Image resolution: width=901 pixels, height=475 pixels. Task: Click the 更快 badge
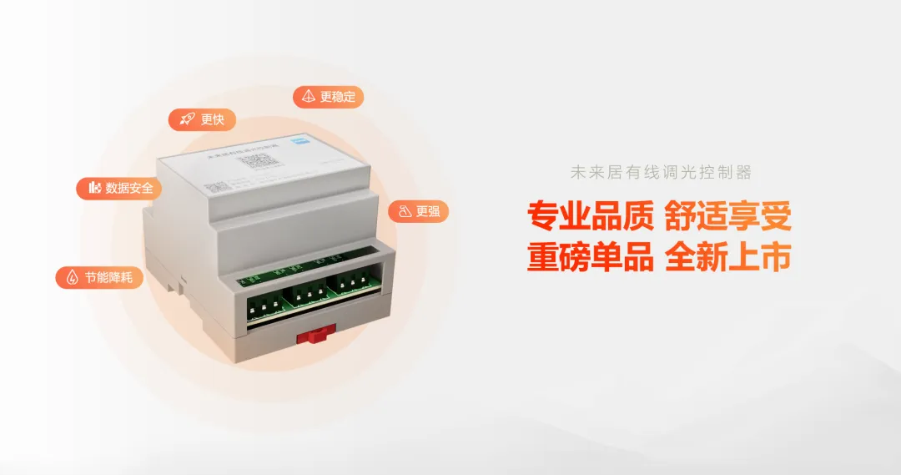click(202, 119)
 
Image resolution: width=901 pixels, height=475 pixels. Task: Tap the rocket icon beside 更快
click(188, 119)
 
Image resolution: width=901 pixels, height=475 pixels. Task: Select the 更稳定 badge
click(328, 96)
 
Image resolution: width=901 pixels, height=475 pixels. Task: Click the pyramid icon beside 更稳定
click(309, 96)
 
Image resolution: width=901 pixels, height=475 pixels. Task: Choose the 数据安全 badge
click(119, 188)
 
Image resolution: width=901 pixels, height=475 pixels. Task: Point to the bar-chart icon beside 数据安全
click(94, 188)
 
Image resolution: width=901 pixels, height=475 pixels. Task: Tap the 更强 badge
click(418, 211)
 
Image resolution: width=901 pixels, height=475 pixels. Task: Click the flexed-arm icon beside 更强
click(404, 211)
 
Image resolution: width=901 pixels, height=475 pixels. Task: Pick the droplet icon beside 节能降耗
click(72, 277)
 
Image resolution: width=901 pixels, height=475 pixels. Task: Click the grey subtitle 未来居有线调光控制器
click(661, 173)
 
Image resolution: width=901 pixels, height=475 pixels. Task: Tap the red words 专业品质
click(590, 216)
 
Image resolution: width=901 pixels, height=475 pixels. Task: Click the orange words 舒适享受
click(727, 216)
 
